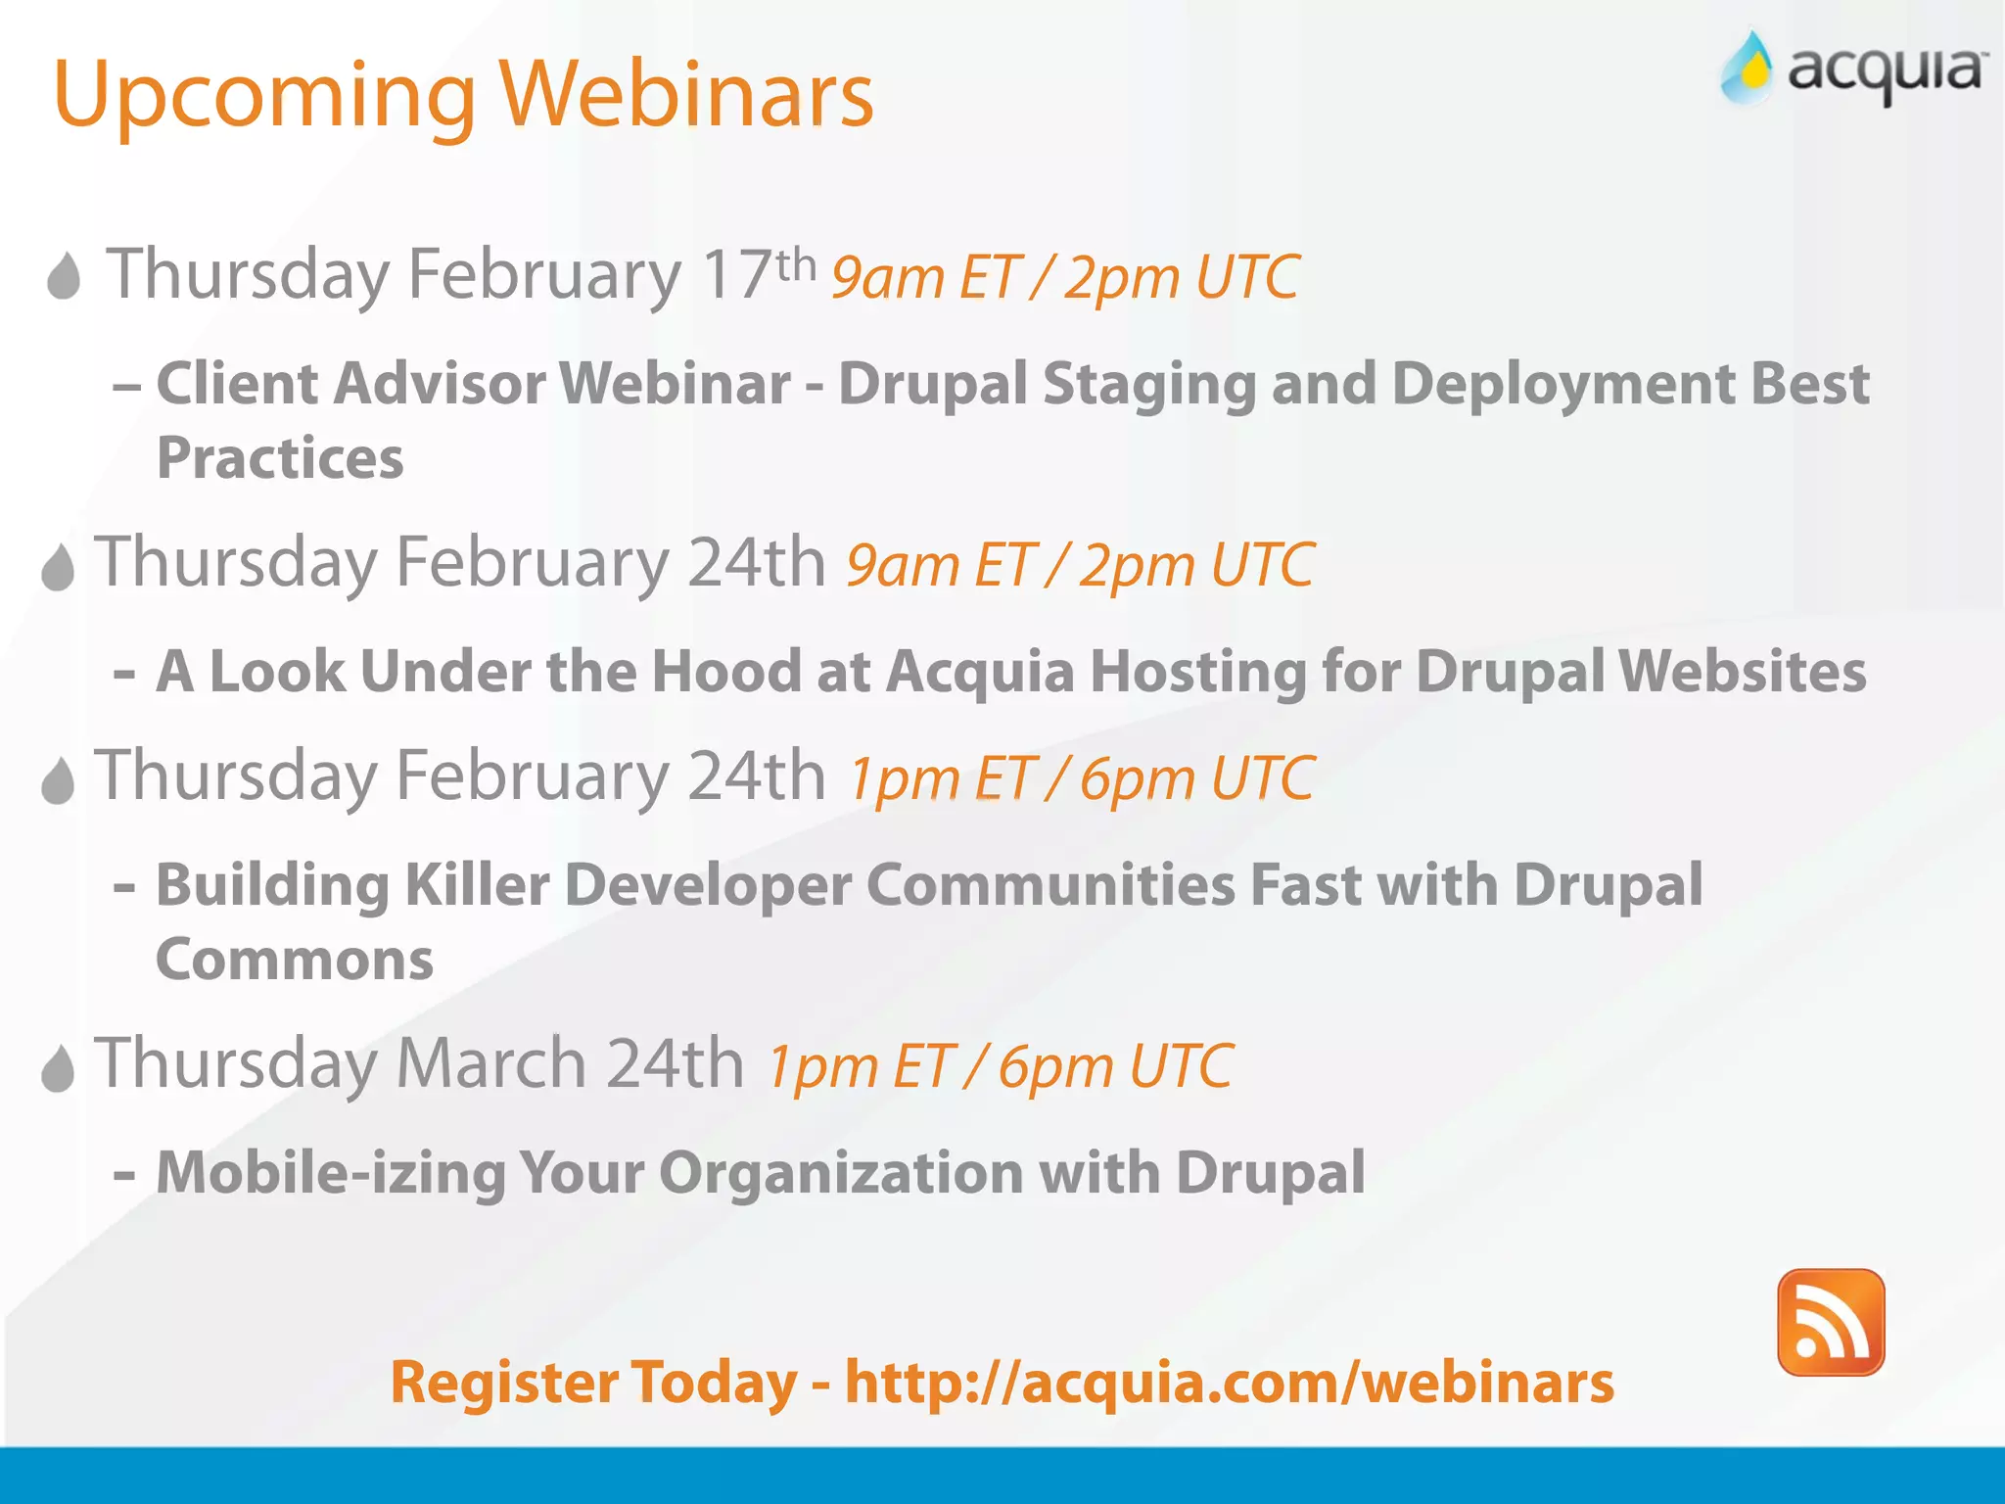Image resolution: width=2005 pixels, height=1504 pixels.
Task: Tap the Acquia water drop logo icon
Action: pos(1747,69)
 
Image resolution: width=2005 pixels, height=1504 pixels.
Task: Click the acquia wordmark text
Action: pos(1886,70)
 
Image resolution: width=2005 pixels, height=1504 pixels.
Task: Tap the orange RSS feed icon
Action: pos(1830,1322)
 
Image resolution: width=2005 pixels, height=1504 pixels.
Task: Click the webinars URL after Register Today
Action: pos(1229,1383)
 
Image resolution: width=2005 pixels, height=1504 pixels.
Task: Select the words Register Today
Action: pos(593,1383)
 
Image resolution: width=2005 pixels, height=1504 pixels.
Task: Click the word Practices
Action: pos(280,458)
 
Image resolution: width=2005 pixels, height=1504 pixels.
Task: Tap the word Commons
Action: pos(294,960)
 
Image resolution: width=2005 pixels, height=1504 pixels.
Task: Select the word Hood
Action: pos(725,672)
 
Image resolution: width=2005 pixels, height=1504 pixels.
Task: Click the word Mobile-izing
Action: pos(330,1172)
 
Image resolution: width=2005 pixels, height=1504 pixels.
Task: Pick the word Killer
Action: pos(476,885)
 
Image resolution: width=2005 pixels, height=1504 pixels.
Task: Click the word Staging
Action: pos(1149,384)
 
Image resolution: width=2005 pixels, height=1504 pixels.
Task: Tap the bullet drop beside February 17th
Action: pos(65,276)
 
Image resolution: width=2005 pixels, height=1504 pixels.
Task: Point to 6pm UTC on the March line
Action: pos(1114,1065)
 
